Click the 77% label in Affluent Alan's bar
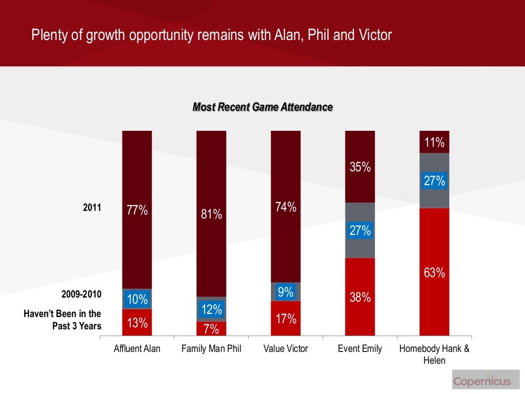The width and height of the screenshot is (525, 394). click(137, 210)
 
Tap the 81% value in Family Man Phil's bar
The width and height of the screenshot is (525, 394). click(211, 214)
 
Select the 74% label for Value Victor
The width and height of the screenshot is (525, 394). click(286, 207)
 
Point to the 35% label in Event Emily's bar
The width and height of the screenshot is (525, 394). click(360, 167)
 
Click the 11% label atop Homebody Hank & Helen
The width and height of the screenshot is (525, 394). click(434, 143)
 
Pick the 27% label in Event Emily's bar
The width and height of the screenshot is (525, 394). click(360, 231)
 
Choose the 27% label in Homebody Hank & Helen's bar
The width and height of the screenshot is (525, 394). click(434, 181)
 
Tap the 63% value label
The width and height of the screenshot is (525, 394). click(434, 273)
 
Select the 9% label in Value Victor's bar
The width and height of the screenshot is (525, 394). click(286, 292)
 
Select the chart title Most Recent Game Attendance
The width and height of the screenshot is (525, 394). click(262, 107)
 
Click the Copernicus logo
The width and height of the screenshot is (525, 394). click(482, 381)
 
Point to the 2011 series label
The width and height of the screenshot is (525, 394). click(92, 208)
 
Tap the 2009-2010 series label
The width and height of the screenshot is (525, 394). click(82, 294)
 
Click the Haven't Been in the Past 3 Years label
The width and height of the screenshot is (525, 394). click(63, 320)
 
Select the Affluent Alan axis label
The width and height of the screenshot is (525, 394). click(137, 349)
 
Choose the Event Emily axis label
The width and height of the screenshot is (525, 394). click(360, 349)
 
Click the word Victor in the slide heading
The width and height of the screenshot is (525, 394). click(376, 35)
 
